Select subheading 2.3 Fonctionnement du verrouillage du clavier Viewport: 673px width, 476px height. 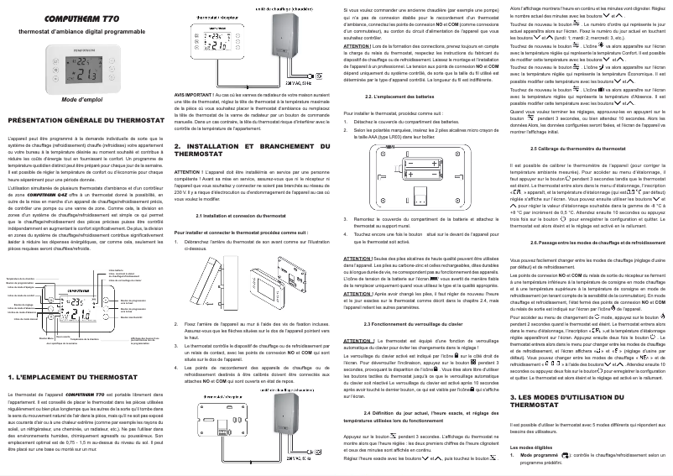pyautogui.click(x=411, y=323)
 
